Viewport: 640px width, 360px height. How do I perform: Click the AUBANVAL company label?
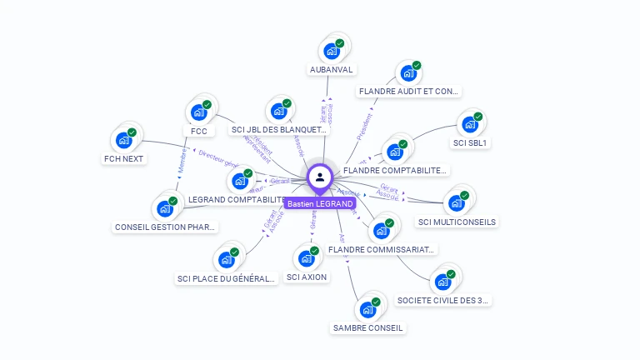332,69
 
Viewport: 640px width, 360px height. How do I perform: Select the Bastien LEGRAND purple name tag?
320,203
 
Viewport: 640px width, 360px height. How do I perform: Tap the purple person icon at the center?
320,177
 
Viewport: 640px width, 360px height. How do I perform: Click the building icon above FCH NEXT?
124,139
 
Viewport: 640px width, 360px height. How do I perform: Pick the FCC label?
198,131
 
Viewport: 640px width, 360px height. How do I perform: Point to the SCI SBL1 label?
470,142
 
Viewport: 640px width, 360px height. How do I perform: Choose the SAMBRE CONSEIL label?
367,327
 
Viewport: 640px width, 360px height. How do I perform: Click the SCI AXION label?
307,277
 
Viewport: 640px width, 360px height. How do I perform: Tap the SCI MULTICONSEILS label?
457,222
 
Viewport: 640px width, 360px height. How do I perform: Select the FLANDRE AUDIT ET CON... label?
408,91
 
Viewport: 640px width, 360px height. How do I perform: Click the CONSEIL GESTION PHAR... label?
165,226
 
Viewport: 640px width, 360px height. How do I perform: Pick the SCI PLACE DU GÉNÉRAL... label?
226,278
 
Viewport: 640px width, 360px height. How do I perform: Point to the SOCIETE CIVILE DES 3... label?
443,299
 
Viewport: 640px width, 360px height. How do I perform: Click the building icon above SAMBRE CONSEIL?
367,309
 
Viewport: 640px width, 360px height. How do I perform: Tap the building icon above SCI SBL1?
470,124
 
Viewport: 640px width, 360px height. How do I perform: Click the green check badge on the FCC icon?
207,105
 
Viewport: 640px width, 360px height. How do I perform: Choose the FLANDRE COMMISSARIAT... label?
381,248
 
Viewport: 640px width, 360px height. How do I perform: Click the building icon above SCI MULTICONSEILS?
456,202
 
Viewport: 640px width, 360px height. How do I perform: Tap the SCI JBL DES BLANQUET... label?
279,129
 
